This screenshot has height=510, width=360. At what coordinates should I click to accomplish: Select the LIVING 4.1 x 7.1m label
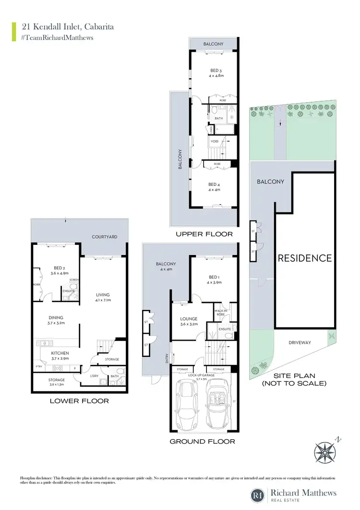(103, 298)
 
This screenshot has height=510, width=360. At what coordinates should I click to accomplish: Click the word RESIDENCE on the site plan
(305, 258)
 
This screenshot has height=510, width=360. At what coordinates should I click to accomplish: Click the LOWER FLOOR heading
(80, 401)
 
